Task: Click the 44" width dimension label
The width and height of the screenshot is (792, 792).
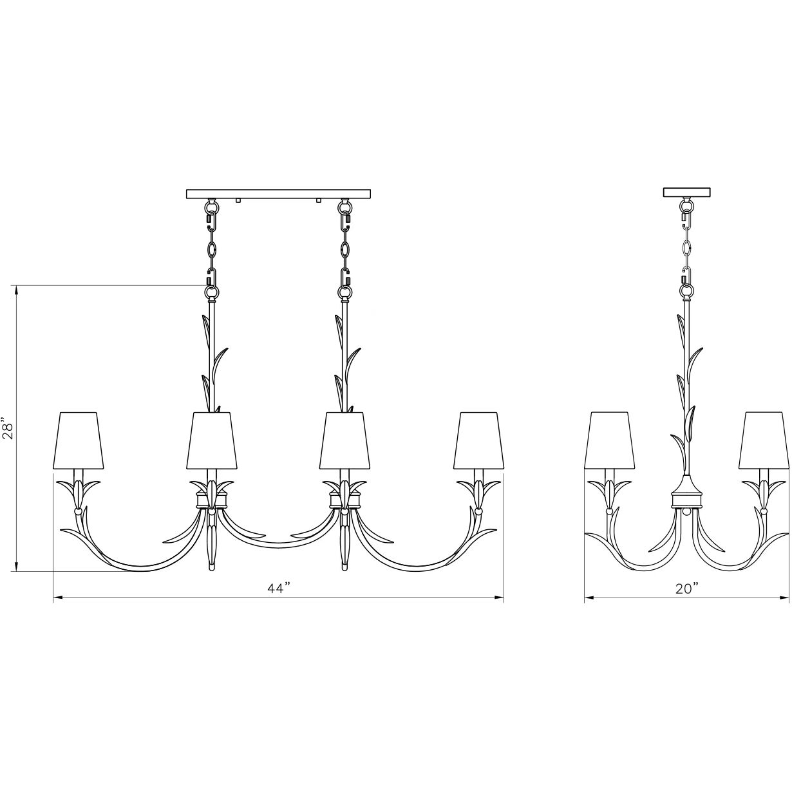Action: pyautogui.click(x=278, y=588)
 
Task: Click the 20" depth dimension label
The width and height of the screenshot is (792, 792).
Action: pyautogui.click(x=687, y=588)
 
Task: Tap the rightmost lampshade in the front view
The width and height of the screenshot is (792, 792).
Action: pyautogui.click(x=477, y=440)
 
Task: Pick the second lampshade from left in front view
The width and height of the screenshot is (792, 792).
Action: pyautogui.click(x=212, y=440)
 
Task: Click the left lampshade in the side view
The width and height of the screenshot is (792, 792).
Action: pyautogui.click(x=609, y=440)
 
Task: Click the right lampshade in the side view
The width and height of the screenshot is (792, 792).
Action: pyautogui.click(x=764, y=440)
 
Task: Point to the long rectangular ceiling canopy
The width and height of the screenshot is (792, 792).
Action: pyautogui.click(x=279, y=193)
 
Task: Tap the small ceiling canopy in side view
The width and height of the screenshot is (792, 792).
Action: pyautogui.click(x=687, y=192)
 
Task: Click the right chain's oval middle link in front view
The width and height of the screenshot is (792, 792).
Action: pyautogui.click(x=346, y=249)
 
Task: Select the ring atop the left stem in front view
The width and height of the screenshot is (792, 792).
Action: pyautogui.click(x=211, y=293)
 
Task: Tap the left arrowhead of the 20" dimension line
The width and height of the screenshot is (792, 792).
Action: pyautogui.click(x=588, y=598)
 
